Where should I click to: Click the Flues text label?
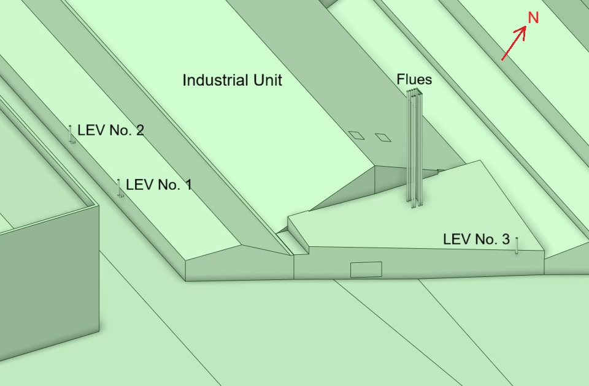coord(414,80)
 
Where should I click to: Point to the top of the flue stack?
coord(415,93)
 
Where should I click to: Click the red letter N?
coord(533,18)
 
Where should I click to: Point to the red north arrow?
coord(514,44)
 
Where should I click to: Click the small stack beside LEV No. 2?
coord(71,134)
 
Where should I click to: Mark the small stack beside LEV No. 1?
coord(119,188)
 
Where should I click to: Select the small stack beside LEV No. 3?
coord(517,245)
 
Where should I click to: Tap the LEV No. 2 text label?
coord(110,131)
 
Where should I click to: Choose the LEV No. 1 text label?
coord(158,184)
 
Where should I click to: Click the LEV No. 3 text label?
coord(476,240)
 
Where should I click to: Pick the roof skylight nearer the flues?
coord(383,137)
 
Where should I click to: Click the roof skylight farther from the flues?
coord(356,135)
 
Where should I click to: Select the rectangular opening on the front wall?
coord(366,270)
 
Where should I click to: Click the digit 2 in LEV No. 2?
coord(139,131)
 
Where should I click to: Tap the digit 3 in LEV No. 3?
coord(505,240)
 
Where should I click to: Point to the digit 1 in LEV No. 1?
coord(188,184)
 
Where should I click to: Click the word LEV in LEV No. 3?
coord(455,240)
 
